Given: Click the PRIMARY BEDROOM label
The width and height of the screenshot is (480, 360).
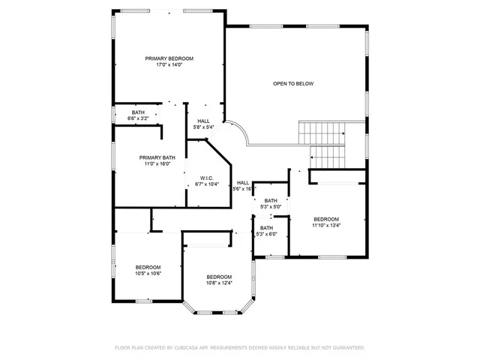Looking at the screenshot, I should (x=169, y=58).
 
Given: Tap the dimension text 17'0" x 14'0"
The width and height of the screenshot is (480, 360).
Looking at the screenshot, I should (x=169, y=65).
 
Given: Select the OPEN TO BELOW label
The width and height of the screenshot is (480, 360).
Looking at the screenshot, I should (x=292, y=83).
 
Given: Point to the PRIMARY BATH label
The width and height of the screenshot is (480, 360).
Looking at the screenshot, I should (x=157, y=157).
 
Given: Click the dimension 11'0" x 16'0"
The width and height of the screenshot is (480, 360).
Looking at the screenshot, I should (x=157, y=164).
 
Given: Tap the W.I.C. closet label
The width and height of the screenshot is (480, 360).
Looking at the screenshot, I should (x=207, y=178).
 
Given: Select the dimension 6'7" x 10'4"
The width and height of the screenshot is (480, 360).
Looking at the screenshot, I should (x=207, y=184).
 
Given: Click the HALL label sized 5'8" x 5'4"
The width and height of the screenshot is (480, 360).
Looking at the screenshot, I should (x=203, y=121).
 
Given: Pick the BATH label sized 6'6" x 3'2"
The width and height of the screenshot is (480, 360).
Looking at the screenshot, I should (x=138, y=112).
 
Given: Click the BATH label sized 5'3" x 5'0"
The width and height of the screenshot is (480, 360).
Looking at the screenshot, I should (x=270, y=200).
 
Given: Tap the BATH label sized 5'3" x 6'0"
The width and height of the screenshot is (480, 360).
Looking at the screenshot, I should (x=267, y=228).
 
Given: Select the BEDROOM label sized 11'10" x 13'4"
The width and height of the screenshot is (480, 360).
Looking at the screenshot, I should (x=326, y=218).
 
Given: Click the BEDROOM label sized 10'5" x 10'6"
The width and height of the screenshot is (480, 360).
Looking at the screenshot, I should (x=148, y=267).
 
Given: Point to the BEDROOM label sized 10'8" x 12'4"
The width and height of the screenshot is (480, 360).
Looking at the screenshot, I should (x=219, y=276).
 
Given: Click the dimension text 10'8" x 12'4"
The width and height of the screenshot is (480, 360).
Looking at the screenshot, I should (x=219, y=283).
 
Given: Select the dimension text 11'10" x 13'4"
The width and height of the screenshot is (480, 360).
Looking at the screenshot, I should (x=326, y=225).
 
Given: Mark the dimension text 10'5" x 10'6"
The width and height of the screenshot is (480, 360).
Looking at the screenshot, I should (x=148, y=274).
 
